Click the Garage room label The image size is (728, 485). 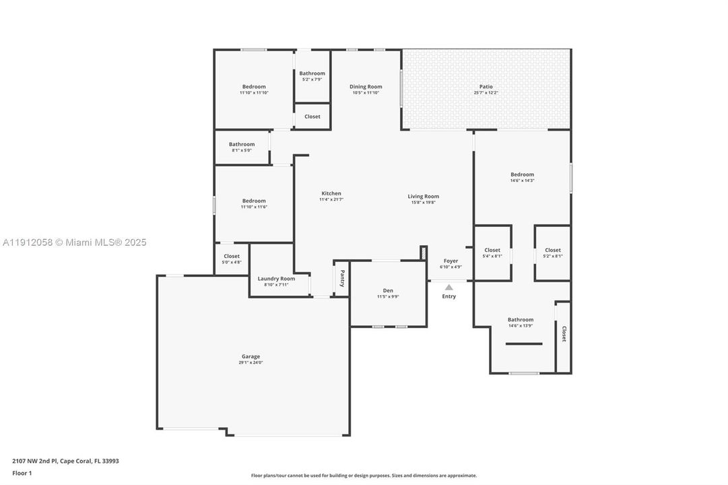[x=251, y=356]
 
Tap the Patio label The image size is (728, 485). [x=486, y=87]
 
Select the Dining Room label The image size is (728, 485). [x=366, y=87]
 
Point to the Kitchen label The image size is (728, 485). [x=331, y=193]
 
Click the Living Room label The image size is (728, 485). [x=423, y=197]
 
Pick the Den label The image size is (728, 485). [x=388, y=290]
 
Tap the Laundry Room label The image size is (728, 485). [x=276, y=279]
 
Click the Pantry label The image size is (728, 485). [x=342, y=278]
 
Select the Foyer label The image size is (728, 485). [x=451, y=261]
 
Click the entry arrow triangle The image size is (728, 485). [x=449, y=287]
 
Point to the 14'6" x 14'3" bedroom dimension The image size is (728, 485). [x=522, y=181]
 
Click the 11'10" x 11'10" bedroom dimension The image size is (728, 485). [x=254, y=92]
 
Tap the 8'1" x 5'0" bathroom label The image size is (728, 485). [x=242, y=144]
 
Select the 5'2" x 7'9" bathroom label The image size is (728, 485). [x=312, y=73]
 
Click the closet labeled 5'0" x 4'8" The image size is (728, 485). [x=232, y=257]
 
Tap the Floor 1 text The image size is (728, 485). [x=22, y=473]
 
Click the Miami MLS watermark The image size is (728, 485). [x=74, y=243]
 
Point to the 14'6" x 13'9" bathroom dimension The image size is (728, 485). [x=521, y=326]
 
